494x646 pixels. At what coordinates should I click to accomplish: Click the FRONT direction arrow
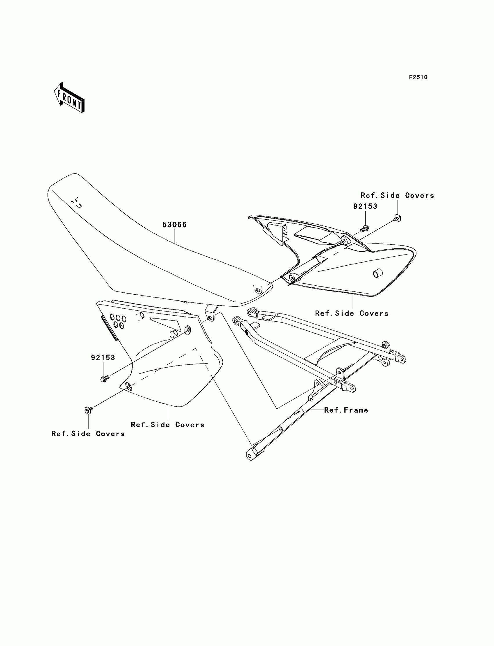pos(69,98)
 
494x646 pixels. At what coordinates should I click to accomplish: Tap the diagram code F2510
pos(418,77)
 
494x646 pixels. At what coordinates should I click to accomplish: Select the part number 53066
pos(175,225)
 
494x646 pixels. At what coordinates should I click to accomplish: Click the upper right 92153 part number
pos(365,206)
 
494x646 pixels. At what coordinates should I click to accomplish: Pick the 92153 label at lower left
pos(103,357)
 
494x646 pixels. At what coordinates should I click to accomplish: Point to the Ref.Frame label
pos(346,410)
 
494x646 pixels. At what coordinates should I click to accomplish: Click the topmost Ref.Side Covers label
pos(397,196)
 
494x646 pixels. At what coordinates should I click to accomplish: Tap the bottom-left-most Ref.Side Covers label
pos(88,434)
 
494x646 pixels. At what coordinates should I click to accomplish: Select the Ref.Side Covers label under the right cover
pos(352,314)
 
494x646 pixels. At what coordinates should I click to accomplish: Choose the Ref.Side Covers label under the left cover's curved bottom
pos(168,425)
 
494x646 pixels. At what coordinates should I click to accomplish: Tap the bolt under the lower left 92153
pos(105,378)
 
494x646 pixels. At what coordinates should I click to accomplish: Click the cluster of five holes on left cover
pos(118,321)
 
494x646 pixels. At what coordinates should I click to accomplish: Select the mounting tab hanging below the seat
pos(211,313)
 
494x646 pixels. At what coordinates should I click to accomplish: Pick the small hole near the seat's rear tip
pos(258,290)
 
